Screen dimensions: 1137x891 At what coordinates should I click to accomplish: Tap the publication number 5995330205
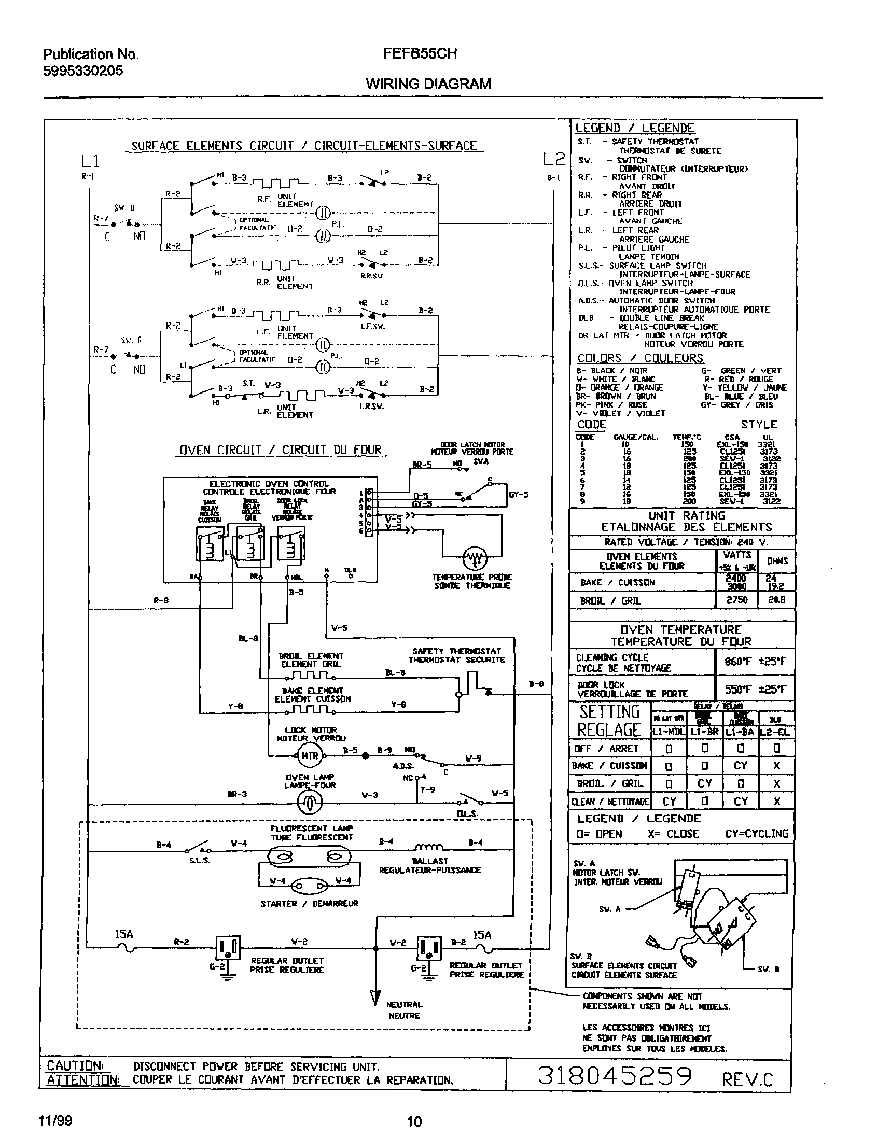[83, 71]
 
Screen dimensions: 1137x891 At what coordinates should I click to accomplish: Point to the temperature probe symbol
[475, 558]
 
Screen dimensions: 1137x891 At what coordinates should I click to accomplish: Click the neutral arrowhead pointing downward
[375, 997]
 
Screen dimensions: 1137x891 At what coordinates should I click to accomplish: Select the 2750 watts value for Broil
[736, 600]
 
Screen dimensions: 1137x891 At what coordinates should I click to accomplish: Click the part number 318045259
[615, 1075]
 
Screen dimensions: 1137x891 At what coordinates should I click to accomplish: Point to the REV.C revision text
[747, 1079]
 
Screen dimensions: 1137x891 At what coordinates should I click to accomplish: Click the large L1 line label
[90, 160]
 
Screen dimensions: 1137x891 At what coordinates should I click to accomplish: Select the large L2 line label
[553, 159]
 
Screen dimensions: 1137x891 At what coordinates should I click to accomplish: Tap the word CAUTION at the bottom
[75, 1065]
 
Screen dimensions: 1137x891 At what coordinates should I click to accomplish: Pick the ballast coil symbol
[429, 848]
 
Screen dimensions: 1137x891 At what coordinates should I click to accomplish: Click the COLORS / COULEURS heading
[640, 358]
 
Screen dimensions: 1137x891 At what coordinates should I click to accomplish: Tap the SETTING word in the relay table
[609, 712]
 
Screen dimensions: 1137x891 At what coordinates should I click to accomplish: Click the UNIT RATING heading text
[687, 515]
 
